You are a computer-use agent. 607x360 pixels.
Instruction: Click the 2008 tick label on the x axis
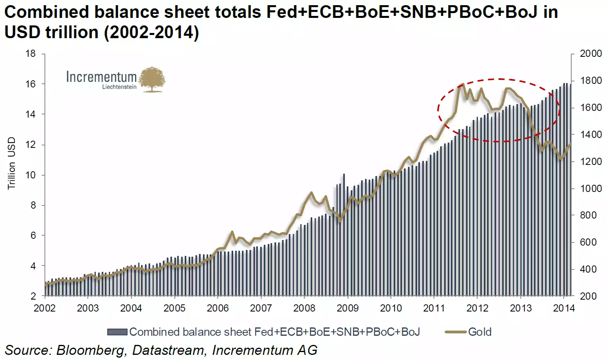coord(304,308)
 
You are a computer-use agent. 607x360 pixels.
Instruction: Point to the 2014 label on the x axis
coord(564,308)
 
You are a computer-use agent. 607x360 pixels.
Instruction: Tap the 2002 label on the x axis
coord(44,308)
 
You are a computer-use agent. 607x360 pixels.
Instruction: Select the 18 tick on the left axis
coord(31,54)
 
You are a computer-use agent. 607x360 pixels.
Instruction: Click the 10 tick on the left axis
coord(31,175)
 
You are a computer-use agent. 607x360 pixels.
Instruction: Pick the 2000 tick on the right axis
coord(591,54)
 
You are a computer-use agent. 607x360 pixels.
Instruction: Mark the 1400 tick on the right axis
coord(591,135)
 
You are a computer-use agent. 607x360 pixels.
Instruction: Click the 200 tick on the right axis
coord(588,296)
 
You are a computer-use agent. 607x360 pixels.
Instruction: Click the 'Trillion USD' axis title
coord(12,163)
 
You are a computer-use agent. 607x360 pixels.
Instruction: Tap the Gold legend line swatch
coord(455,332)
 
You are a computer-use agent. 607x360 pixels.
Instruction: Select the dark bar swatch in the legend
coord(117,332)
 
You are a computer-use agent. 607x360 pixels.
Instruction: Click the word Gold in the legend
coord(480,332)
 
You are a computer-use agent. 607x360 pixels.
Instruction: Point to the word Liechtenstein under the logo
coord(119,87)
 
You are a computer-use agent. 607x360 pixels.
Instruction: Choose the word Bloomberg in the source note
coord(90,350)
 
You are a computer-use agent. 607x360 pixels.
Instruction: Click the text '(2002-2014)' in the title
coord(151,32)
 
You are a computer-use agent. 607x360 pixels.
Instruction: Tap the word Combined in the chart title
coord(46,12)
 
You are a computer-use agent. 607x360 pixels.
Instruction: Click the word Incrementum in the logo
coord(101,77)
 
